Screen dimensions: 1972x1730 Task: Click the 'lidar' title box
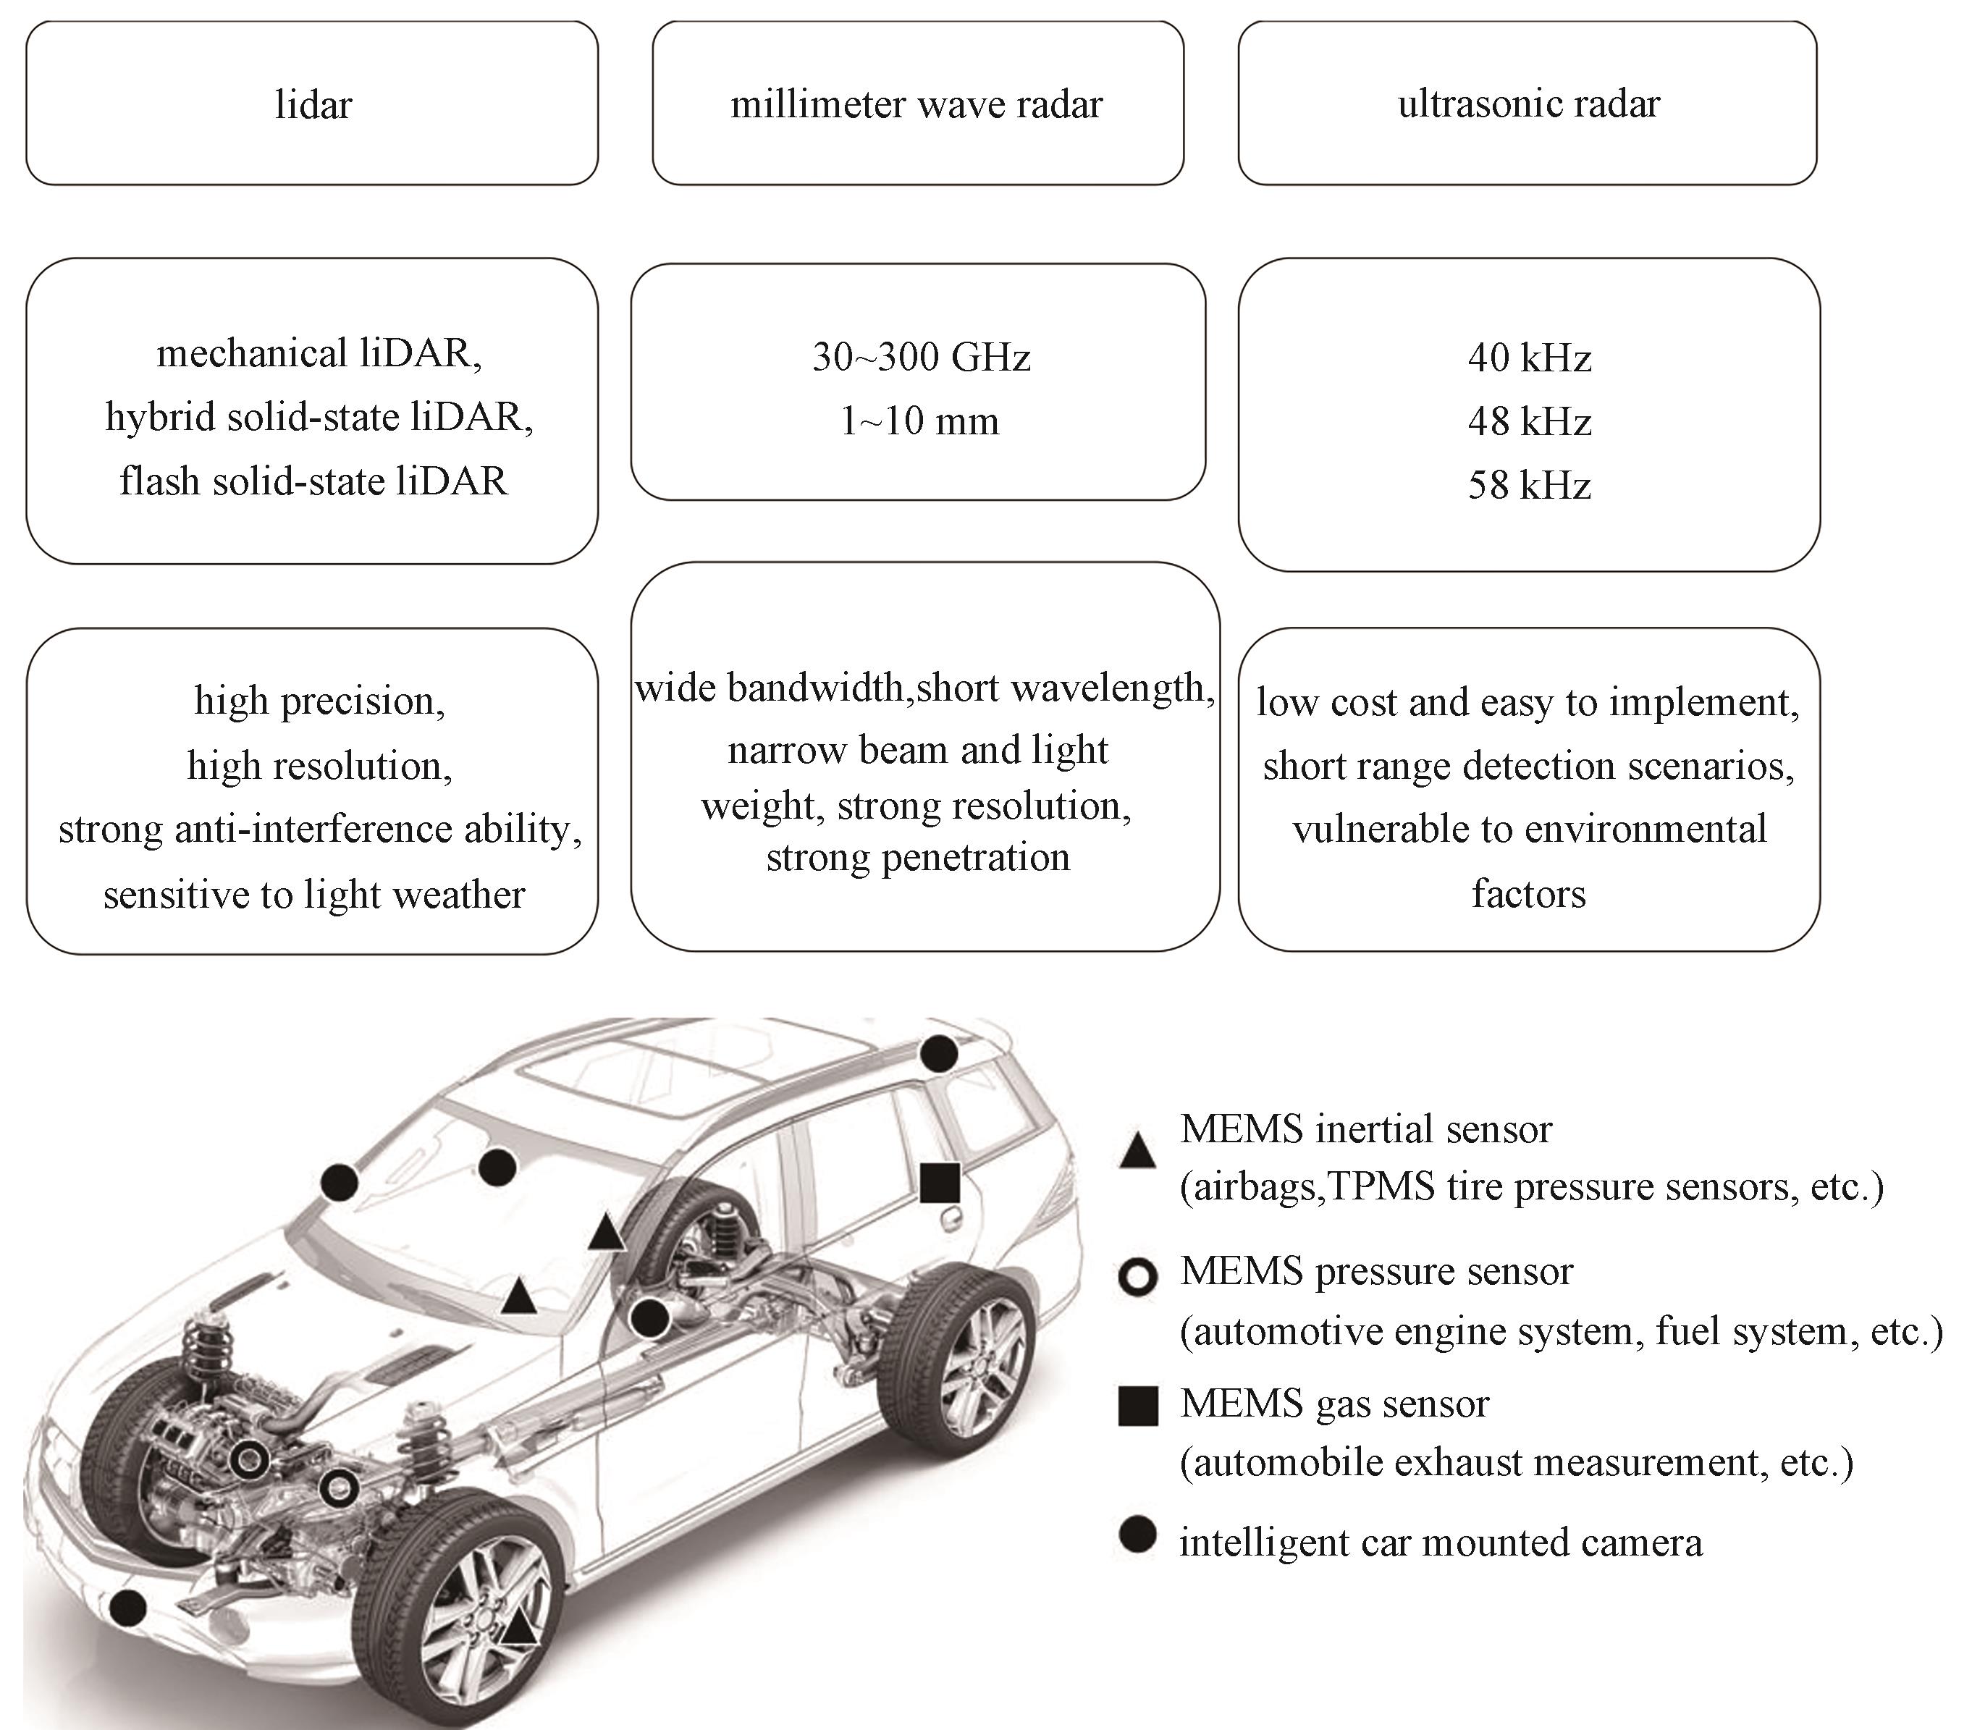point(311,104)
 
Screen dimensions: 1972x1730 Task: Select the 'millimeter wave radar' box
point(917,104)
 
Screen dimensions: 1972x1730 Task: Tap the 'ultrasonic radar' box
point(1528,104)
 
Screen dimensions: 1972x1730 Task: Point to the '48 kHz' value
point(1529,422)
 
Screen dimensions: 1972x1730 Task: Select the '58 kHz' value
point(1529,484)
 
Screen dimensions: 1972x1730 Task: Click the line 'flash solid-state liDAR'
point(313,481)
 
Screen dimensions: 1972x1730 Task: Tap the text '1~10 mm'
point(919,421)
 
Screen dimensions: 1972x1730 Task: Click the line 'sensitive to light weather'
point(314,895)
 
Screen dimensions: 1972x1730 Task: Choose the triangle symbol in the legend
point(1137,1151)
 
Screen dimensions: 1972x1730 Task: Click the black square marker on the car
point(940,1183)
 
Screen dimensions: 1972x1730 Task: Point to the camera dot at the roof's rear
point(939,1054)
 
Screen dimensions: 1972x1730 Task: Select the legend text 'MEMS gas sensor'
point(1334,1404)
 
